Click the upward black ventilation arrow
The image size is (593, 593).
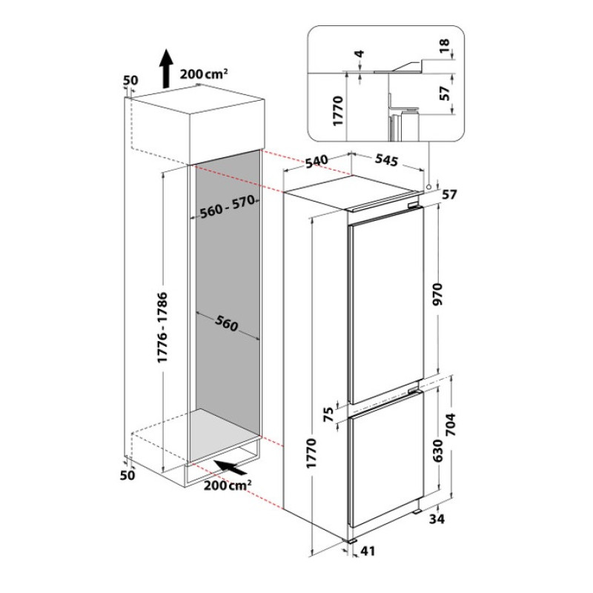[165, 68]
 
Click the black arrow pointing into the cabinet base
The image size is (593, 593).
[231, 468]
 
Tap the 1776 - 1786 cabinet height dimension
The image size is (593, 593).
[162, 327]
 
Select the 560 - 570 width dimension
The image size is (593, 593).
[228, 208]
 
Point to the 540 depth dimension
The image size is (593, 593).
[317, 161]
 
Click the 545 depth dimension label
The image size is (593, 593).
[386, 160]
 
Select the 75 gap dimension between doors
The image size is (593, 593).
[329, 414]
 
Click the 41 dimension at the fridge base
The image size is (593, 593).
[368, 551]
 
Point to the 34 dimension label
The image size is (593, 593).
[437, 519]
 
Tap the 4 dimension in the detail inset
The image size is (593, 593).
[360, 54]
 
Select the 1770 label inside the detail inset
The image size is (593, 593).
[337, 111]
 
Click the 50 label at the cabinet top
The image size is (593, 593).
[131, 80]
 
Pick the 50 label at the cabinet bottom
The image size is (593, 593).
[127, 475]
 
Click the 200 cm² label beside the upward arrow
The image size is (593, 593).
[204, 73]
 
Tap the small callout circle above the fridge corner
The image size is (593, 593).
[428, 187]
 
